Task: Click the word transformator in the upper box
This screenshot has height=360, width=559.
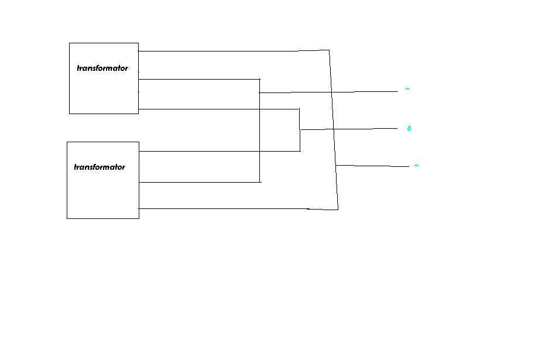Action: tap(102, 68)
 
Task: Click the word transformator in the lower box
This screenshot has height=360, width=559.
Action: tap(100, 167)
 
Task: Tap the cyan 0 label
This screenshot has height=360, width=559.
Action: tap(409, 128)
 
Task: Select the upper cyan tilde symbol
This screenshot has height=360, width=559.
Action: tap(407, 88)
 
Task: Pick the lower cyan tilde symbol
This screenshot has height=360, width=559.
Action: tap(416, 166)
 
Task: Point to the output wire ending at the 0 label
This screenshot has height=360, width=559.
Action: tap(349, 129)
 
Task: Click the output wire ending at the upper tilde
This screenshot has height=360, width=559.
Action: tap(328, 92)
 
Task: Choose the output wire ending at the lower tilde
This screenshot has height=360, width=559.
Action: tap(372, 166)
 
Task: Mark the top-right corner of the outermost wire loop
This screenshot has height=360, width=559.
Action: tap(329, 50)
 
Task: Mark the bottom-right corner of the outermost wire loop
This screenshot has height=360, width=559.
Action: tap(338, 210)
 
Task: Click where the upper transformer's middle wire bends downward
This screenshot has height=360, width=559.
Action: tap(259, 79)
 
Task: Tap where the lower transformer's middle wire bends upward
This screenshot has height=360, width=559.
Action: tap(260, 182)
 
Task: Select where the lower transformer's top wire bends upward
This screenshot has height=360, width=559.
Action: tap(300, 151)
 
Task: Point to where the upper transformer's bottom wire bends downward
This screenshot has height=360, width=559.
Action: tap(299, 109)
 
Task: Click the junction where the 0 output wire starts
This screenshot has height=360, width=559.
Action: tap(300, 130)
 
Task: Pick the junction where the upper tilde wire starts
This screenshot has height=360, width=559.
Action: tap(259, 92)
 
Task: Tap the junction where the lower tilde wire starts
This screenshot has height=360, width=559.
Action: tap(336, 165)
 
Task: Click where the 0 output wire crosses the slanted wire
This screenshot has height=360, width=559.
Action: tap(334, 129)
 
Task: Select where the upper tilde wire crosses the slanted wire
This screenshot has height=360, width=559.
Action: tap(331, 92)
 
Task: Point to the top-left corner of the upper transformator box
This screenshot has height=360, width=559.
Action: tap(69, 43)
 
